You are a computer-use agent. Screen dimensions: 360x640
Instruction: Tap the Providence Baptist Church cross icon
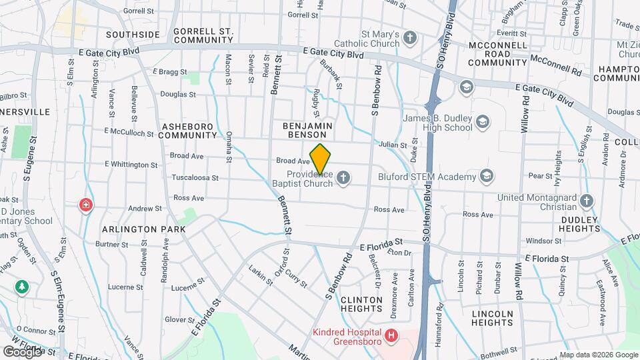(343, 177)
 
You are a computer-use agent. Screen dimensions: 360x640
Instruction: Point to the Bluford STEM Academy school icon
(488, 176)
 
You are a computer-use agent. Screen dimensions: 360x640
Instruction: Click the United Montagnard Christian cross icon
(587, 201)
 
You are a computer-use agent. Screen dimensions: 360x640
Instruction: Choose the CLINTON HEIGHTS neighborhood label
(362, 305)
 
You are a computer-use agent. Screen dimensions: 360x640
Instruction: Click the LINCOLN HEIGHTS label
(492, 318)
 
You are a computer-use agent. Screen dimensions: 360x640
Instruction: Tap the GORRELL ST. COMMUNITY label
(203, 35)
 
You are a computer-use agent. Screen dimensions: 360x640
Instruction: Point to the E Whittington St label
(131, 164)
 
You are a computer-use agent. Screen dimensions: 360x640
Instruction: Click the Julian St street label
(393, 145)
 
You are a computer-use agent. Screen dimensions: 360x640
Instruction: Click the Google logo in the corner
(22, 351)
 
